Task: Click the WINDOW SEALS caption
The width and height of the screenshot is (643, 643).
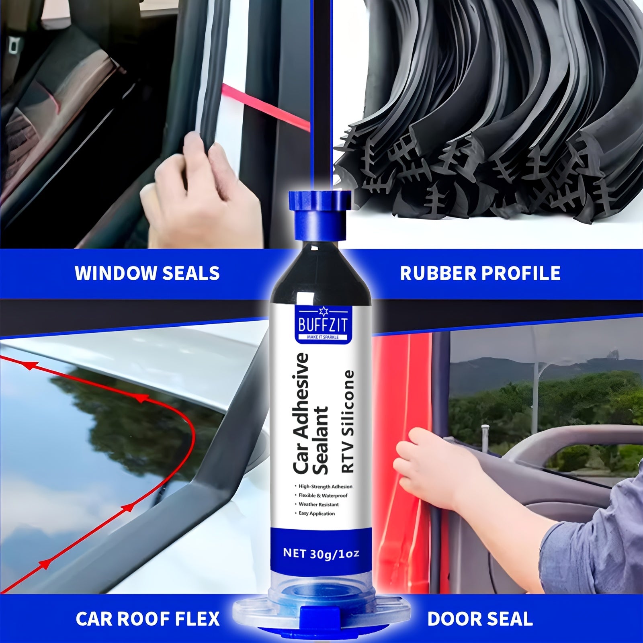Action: pyautogui.click(x=147, y=273)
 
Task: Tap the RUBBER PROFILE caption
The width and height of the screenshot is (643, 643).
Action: pyautogui.click(x=480, y=273)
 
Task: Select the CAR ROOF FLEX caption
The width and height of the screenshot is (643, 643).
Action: pyautogui.click(x=147, y=618)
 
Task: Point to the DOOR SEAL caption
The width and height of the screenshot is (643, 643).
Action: pyautogui.click(x=480, y=618)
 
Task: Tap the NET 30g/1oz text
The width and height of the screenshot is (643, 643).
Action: pyautogui.click(x=321, y=553)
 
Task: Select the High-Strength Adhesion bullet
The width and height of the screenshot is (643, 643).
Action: pyautogui.click(x=325, y=486)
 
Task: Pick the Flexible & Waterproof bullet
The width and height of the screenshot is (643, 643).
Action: pyautogui.click(x=323, y=496)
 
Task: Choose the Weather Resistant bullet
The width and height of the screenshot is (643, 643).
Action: pyautogui.click(x=318, y=504)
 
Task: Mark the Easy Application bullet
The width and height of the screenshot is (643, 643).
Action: pyautogui.click(x=316, y=514)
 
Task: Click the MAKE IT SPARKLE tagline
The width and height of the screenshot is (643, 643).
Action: pyautogui.click(x=322, y=337)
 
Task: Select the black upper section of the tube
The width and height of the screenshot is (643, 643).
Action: pyautogui.click(x=321, y=273)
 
